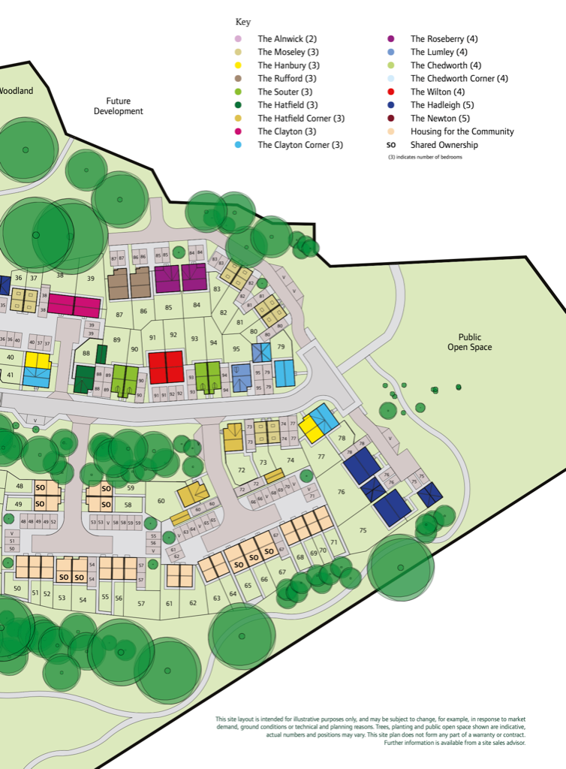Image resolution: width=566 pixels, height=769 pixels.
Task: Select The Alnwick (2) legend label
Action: pos(288,39)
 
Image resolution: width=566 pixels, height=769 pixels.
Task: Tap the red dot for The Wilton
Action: pos(391,92)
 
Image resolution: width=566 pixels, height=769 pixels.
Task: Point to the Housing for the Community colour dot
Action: pos(391,131)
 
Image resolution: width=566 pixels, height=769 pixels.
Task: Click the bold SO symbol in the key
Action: pos(391,145)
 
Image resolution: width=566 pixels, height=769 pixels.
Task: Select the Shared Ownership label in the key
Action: pos(444,145)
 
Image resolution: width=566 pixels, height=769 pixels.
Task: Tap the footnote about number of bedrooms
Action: pos(425,157)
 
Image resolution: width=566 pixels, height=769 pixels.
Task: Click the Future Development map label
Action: pos(118,106)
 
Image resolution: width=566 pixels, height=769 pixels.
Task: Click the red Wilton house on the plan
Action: pos(166,366)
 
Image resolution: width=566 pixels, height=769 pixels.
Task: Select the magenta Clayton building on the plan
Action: pos(75,306)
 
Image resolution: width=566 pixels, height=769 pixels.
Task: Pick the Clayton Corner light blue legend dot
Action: pos(239,145)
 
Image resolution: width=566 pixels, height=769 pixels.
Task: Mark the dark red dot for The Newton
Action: pos(391,119)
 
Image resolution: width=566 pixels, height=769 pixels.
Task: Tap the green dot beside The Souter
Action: pos(239,92)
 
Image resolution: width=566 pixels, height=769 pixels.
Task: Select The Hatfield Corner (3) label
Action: pos(301,119)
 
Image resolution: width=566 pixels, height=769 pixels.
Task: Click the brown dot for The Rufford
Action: pos(239,79)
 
